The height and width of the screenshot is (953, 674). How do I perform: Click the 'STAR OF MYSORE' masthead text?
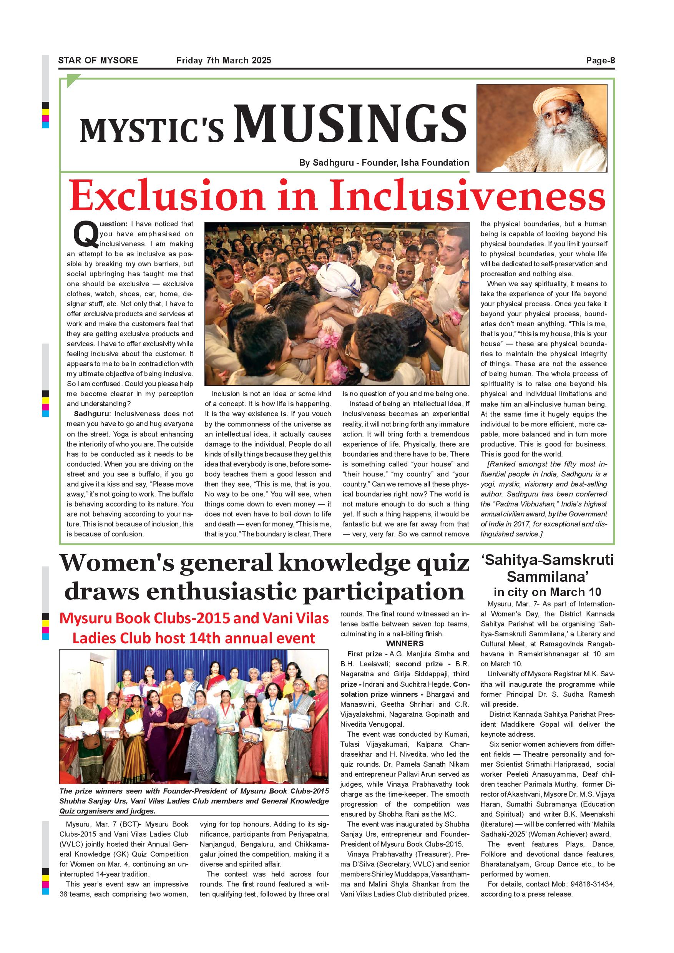coord(98,60)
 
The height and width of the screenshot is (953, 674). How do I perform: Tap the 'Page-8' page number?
coord(600,60)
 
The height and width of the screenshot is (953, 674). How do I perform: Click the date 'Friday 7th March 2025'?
coord(224,60)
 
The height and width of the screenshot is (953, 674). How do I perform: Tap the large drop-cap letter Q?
coord(85,234)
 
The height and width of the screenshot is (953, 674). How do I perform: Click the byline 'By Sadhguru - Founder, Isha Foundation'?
coord(384,163)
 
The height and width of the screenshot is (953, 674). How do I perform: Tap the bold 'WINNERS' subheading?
coord(405,644)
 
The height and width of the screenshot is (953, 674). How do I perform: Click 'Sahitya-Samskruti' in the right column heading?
coord(548,560)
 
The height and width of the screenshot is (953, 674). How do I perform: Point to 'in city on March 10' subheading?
coord(548,592)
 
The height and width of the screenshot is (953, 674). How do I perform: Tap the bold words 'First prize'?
coord(364,654)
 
